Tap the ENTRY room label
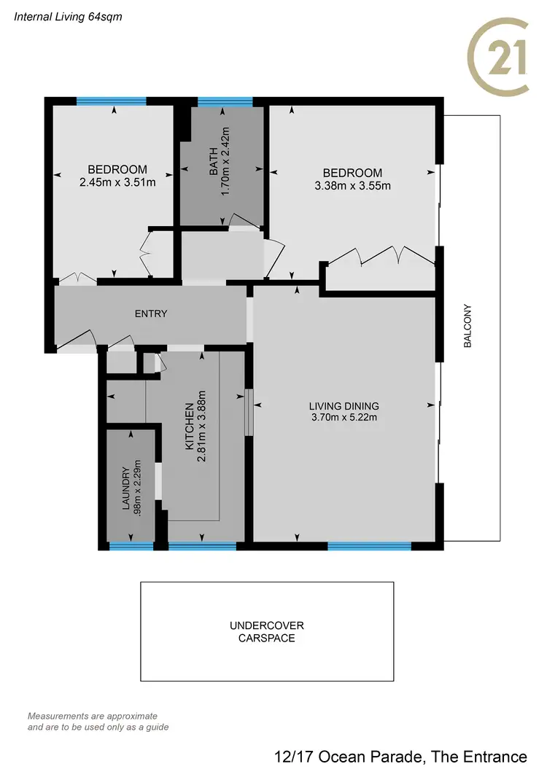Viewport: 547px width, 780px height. (x=151, y=314)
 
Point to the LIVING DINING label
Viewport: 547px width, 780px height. (x=344, y=406)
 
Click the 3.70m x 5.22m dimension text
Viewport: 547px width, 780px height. (x=344, y=418)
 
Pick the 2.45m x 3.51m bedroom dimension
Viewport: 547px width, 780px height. (x=118, y=182)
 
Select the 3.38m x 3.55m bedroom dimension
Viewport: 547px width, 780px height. (x=353, y=185)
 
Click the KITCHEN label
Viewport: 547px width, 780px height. (x=189, y=425)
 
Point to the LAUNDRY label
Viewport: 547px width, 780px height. (x=125, y=488)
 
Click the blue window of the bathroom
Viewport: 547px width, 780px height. (x=225, y=102)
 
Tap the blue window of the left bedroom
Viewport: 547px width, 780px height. (x=112, y=101)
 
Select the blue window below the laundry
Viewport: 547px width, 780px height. (x=131, y=546)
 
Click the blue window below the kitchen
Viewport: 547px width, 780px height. (x=203, y=546)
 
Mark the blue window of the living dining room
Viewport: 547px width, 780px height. (x=370, y=546)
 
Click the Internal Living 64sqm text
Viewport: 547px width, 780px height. (x=63, y=15)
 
